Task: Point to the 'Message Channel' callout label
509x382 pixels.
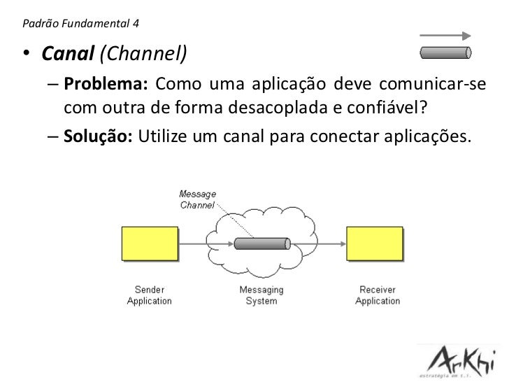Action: pos(198,199)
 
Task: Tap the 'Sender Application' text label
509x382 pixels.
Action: pos(149,295)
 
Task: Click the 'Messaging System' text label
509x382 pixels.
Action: pos(261,295)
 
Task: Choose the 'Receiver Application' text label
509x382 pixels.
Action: pos(378,295)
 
